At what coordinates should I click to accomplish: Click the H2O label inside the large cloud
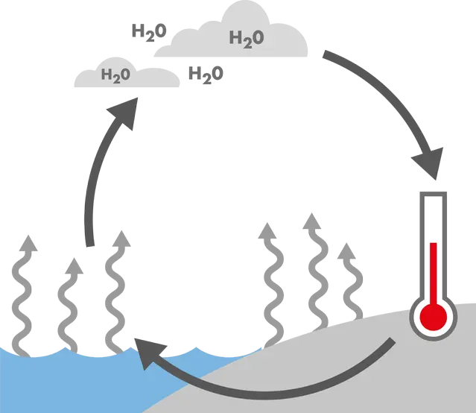pos(246,38)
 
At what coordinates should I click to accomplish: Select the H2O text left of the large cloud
pos(148,31)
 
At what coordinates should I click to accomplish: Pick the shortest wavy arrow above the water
pos(71,302)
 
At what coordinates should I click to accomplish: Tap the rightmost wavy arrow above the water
pos(118,291)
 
